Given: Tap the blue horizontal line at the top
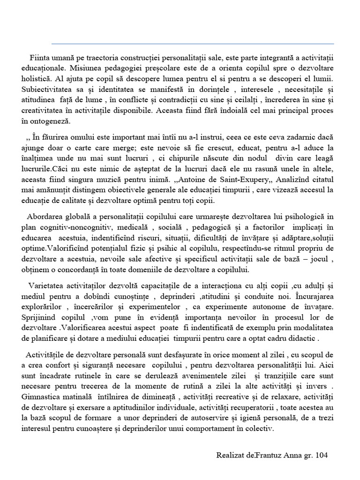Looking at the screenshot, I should point(192,44).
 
